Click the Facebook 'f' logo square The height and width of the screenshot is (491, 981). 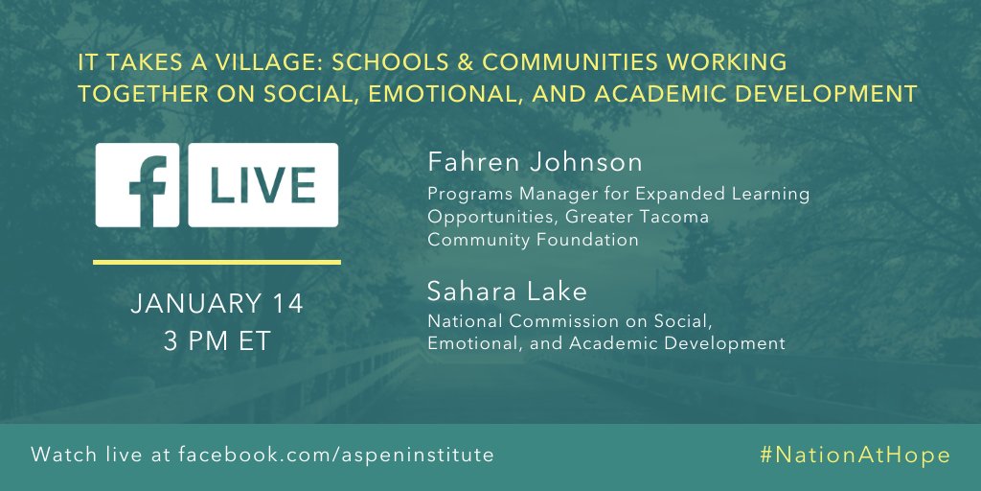[x=137, y=185]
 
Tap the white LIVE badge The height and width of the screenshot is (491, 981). [x=262, y=185]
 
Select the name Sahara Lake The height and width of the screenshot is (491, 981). [x=495, y=292]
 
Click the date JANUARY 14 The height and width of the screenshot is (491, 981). [x=217, y=305]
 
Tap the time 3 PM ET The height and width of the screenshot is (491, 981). [x=217, y=340]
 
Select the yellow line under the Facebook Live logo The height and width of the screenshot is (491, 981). [x=217, y=261]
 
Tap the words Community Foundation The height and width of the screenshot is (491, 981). [x=533, y=240]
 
